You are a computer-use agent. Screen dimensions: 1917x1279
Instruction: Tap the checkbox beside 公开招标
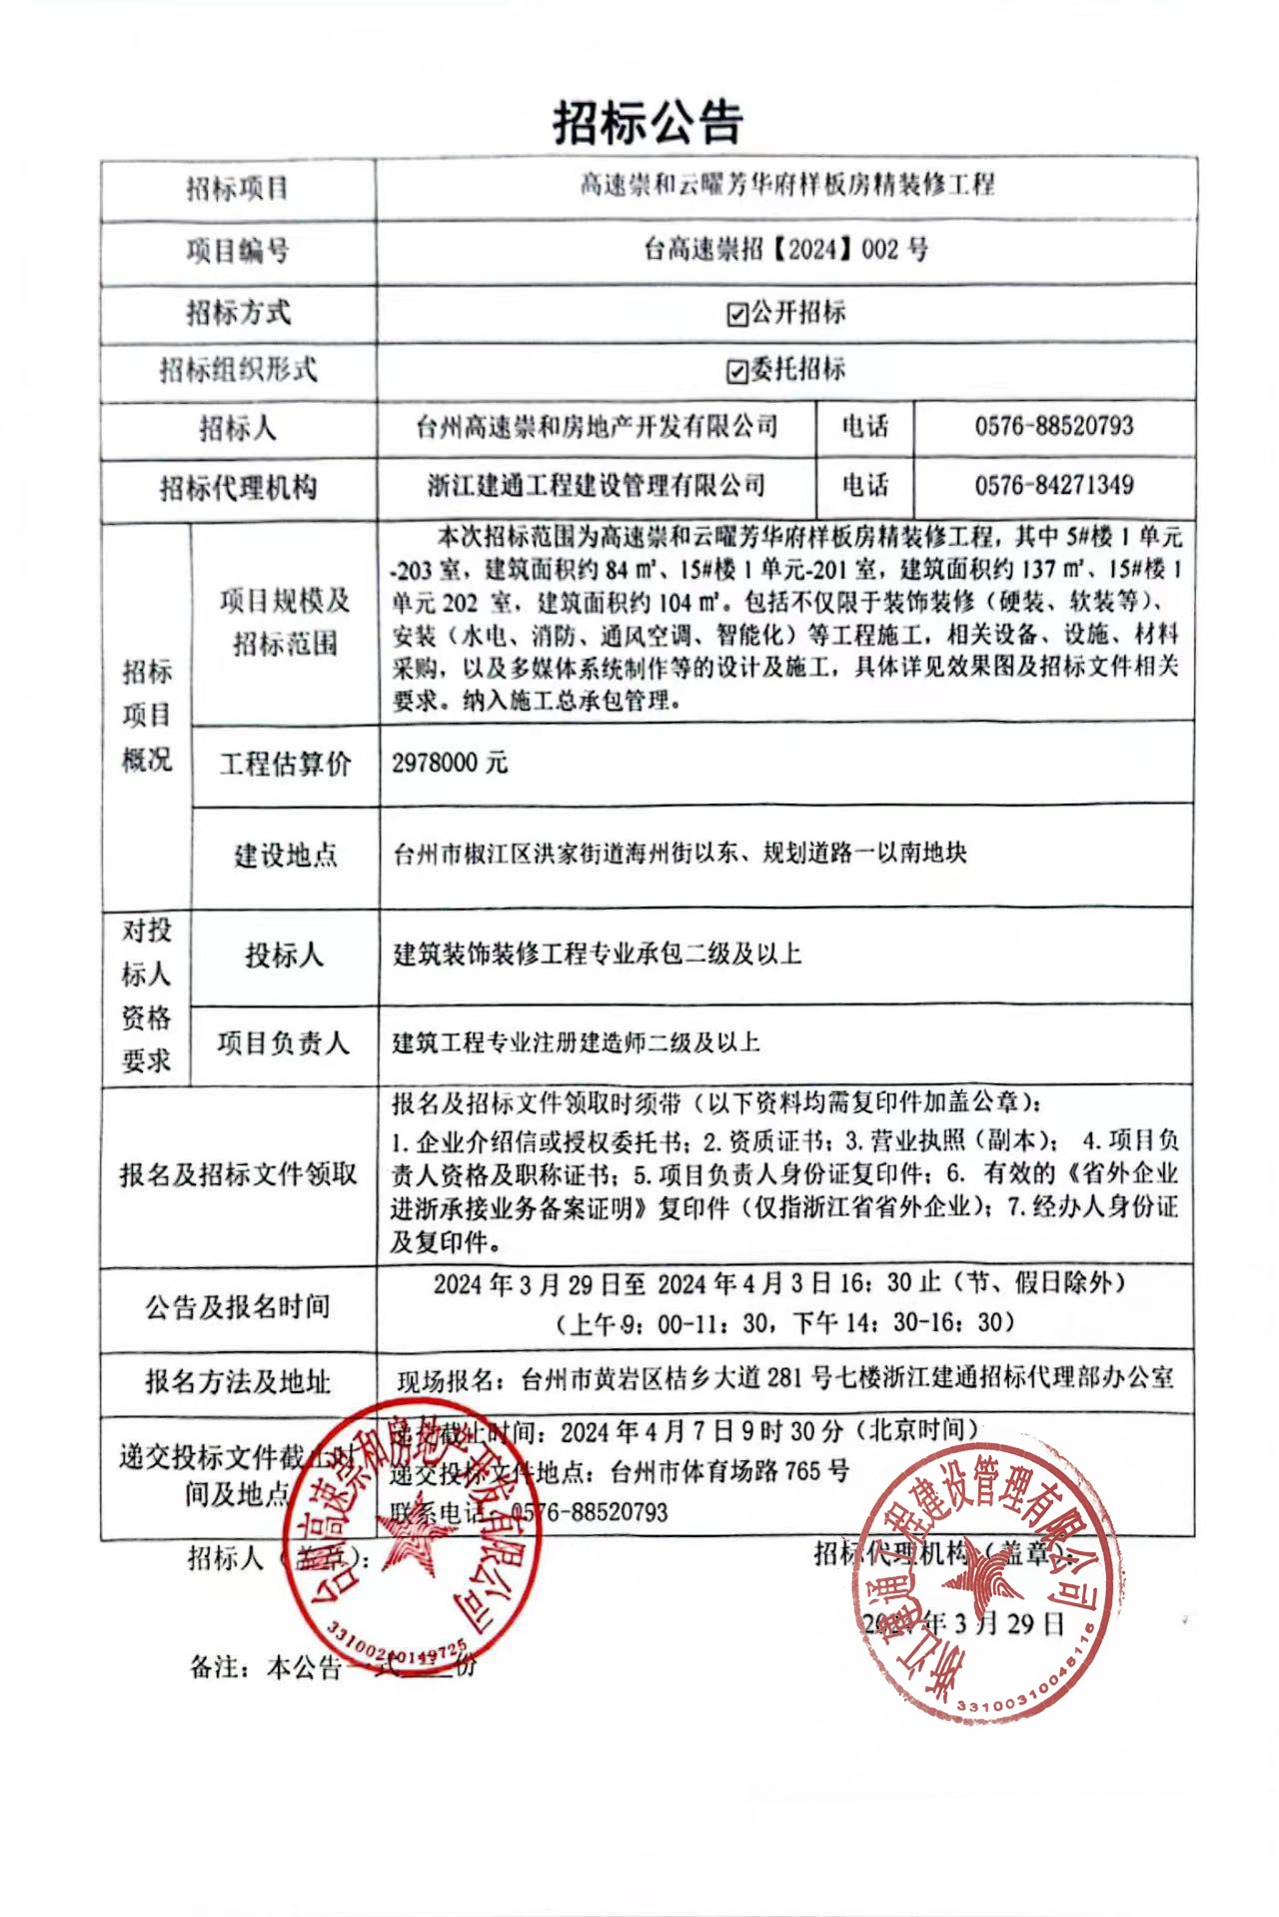737,315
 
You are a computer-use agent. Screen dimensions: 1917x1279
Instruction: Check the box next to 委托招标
737,372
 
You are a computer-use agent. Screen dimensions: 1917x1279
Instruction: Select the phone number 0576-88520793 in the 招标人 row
1054,427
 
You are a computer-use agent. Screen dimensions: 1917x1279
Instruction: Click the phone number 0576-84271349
1054,486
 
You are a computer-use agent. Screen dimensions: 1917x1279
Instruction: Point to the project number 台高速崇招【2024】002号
785,250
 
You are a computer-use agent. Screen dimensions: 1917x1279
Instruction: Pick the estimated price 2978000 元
450,764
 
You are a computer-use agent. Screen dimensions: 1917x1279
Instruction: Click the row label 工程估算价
285,765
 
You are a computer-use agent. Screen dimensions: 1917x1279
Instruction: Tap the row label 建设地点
285,856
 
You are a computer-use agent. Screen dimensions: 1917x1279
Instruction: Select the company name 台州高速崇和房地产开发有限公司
597,428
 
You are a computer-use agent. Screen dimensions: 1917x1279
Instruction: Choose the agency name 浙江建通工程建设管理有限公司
597,487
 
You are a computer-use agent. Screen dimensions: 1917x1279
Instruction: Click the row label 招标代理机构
238,489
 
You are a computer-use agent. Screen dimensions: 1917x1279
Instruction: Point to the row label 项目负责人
284,1044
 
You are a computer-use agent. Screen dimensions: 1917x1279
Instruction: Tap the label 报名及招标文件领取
238,1175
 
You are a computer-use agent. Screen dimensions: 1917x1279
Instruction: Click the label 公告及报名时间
238,1307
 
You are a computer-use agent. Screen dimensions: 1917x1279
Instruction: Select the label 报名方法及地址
238,1382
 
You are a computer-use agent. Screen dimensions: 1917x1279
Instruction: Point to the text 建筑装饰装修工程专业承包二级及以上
597,955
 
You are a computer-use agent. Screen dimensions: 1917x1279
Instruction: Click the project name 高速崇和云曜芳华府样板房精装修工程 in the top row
787,186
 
